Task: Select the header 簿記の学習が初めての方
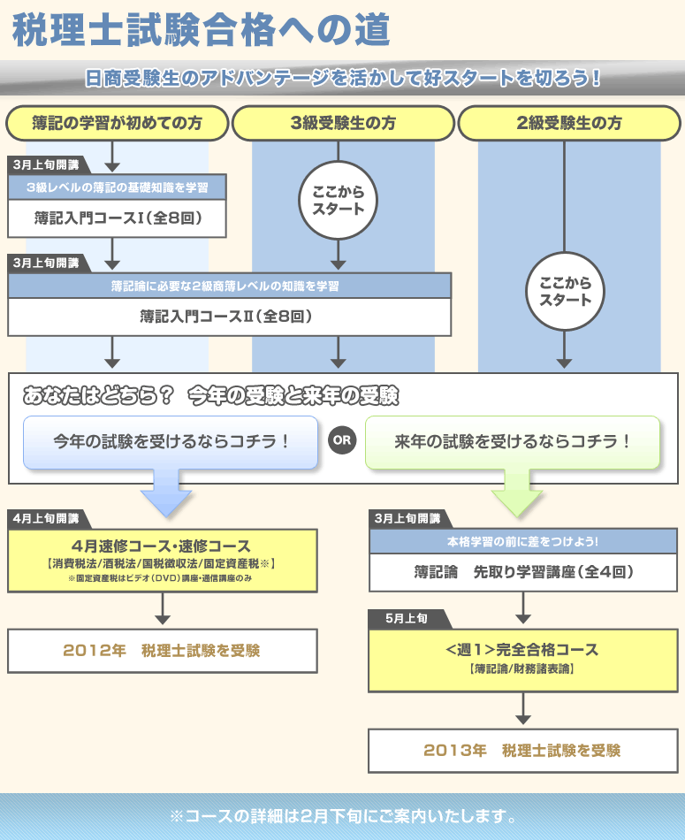point(117,123)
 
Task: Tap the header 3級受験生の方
point(343,123)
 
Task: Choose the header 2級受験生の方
point(568,123)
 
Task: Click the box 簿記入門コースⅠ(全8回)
point(118,218)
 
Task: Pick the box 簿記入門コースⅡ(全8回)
point(229,316)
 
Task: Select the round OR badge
point(341,440)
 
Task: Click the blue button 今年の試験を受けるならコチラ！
point(171,441)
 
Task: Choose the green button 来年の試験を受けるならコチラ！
point(513,441)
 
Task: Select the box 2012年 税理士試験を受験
point(162,651)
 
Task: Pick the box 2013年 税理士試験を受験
point(521,750)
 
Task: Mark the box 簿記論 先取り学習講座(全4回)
point(523,572)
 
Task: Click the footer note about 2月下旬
point(342,814)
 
